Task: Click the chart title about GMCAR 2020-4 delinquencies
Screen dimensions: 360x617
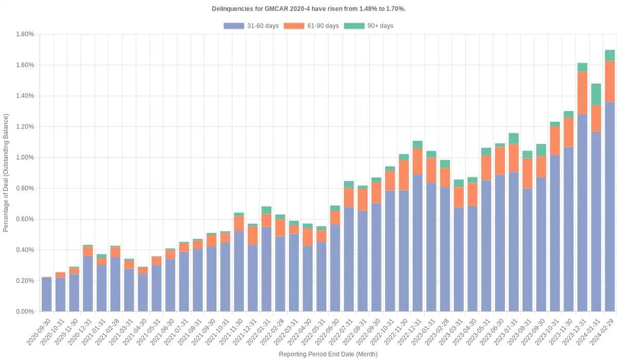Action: click(308, 9)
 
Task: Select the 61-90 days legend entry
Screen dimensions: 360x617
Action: click(312, 26)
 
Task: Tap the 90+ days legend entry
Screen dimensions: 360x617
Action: click(369, 26)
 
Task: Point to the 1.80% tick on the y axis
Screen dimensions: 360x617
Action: click(25, 34)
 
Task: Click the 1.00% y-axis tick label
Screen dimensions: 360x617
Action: click(25, 157)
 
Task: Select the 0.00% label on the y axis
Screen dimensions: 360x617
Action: click(25, 312)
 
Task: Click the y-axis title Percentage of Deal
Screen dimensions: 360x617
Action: click(6, 172)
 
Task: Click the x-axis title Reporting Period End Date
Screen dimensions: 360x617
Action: click(328, 354)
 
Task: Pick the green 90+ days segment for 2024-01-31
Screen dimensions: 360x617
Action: click(596, 95)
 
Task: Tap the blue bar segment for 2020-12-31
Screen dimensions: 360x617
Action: click(88, 283)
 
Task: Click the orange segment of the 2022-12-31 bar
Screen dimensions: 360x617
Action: click(418, 161)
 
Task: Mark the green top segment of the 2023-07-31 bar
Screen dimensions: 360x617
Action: click(514, 138)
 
